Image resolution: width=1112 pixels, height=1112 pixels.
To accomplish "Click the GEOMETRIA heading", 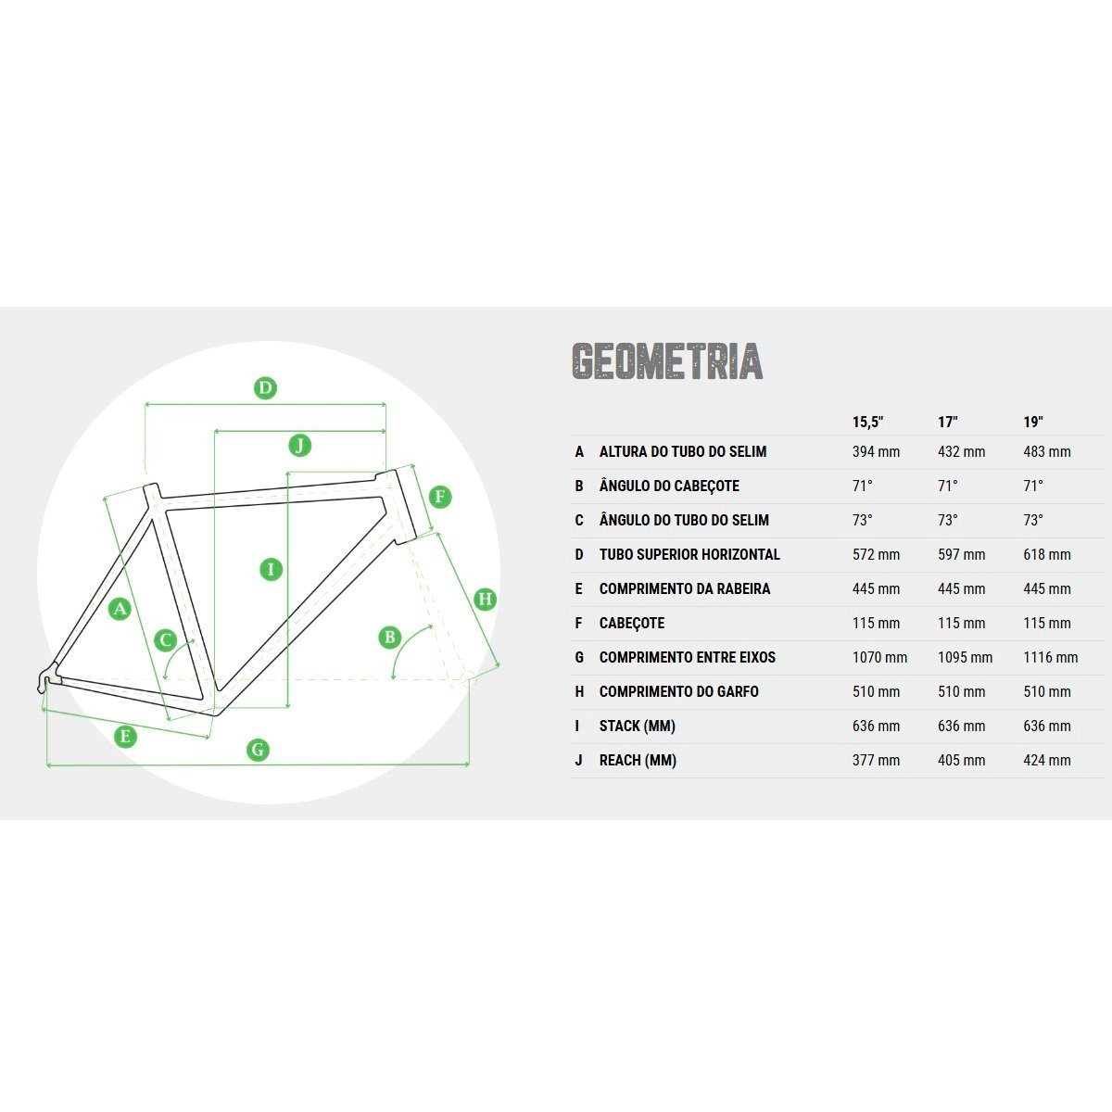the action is coord(667,361).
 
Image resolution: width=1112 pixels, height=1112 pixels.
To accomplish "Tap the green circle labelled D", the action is coord(265,387).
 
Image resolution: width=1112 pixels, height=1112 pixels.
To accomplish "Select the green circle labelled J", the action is coord(299,446).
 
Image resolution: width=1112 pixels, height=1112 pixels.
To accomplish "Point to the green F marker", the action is coord(440,497).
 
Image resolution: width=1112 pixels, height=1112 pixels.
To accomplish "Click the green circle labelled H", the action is coord(486,599).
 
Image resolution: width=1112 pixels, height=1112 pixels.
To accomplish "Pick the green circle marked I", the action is coord(272,570).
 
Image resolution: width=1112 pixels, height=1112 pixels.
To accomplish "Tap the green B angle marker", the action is coord(390,637).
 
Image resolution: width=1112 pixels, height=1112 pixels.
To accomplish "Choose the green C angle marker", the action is coord(166,640).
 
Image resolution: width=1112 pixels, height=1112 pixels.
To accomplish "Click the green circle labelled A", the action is coord(120,608).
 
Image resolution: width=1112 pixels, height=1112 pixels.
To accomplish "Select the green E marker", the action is coord(125,737).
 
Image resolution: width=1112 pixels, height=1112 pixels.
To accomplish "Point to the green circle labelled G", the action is coord(258,750).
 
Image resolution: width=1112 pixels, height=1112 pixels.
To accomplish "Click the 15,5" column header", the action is coord(868,423).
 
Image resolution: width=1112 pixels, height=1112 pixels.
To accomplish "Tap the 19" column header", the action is coord(1033,422).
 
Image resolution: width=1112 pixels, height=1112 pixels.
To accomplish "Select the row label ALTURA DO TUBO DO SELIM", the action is coord(683,452).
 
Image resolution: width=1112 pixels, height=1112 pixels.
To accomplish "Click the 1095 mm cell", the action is coord(965,657).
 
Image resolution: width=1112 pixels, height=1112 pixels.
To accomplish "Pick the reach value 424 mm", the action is coord(1047,761).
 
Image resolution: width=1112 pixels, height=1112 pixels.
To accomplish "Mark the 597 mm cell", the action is coord(961,554).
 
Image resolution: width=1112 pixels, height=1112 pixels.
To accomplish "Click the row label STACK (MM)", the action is coord(637,726).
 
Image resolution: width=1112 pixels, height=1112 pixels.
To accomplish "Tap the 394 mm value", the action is coord(876,452).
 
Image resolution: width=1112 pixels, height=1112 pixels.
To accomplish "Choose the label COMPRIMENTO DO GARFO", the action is coord(678,691).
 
